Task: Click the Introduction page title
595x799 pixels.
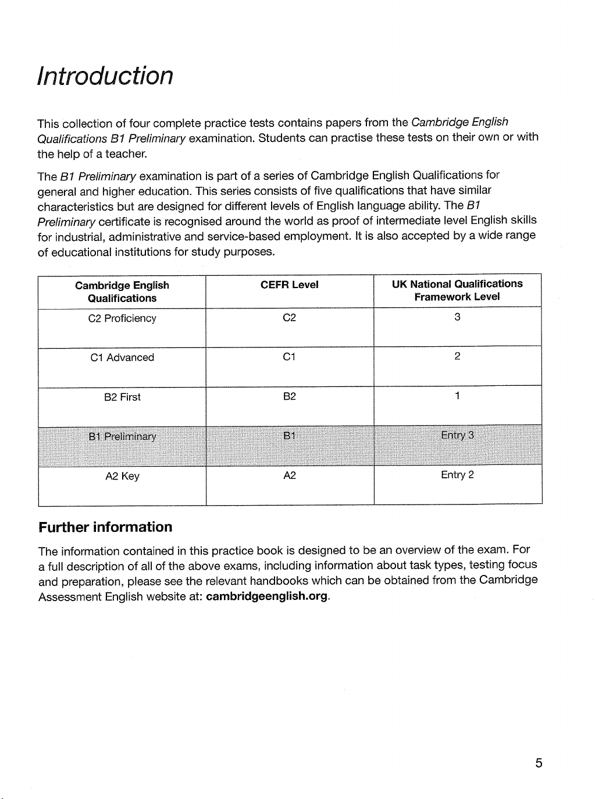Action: click(105, 76)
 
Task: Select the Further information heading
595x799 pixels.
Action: click(105, 527)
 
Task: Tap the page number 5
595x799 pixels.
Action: click(539, 763)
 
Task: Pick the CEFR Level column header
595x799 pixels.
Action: click(290, 285)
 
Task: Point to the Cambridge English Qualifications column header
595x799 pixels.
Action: click(122, 292)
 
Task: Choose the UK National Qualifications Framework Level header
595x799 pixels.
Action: click(457, 290)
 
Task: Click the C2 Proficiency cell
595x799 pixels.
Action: click(122, 318)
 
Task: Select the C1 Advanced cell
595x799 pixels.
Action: click(122, 357)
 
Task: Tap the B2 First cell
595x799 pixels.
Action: click(122, 397)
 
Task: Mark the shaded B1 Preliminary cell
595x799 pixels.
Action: click(122, 436)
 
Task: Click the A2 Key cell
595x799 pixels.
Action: click(122, 476)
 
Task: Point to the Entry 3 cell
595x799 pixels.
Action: click(457, 435)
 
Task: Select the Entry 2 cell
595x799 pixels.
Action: click(457, 475)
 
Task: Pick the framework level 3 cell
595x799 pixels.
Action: click(457, 317)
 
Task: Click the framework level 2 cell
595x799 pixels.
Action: click(457, 357)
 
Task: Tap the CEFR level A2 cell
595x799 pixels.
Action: click(290, 475)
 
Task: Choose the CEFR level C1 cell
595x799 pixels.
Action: click(290, 357)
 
